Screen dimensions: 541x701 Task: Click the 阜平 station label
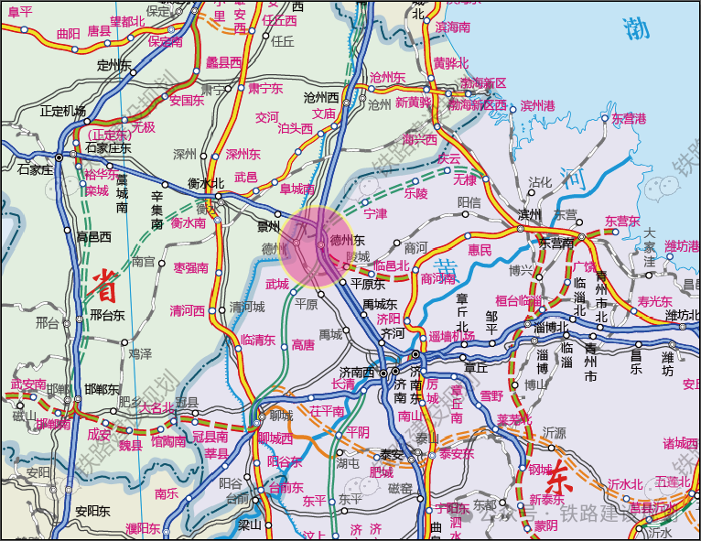(19, 11)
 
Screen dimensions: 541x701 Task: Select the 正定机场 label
(63, 111)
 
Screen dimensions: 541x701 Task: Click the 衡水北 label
(206, 183)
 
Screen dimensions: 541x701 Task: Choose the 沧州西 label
(321, 97)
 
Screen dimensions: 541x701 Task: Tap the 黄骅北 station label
(450, 63)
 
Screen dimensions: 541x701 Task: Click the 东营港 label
(629, 119)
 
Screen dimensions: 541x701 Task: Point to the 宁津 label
(375, 214)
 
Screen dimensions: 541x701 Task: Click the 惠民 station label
(480, 249)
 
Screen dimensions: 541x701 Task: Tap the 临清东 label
(258, 340)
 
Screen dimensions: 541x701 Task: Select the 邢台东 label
(107, 316)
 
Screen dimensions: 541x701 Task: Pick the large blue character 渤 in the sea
(636, 28)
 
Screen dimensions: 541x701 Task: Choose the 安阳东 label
(92, 511)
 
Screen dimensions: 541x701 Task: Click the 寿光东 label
(654, 300)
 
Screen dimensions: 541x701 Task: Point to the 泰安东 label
(457, 454)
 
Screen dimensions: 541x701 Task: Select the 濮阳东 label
(143, 528)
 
